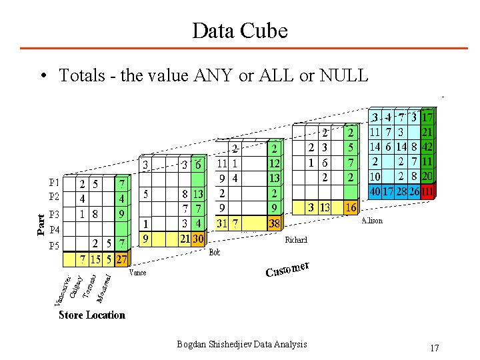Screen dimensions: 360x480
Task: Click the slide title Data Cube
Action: pyautogui.click(x=239, y=30)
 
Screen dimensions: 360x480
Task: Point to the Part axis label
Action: pyautogui.click(x=42, y=224)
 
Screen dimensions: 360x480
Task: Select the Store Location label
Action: pyautogui.click(x=91, y=315)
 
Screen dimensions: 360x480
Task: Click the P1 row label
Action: pyautogui.click(x=55, y=182)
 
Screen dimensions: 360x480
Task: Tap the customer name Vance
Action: pyautogui.click(x=137, y=272)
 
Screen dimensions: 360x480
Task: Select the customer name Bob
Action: pyautogui.click(x=215, y=252)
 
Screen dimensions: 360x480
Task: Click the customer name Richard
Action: pyautogui.click(x=296, y=239)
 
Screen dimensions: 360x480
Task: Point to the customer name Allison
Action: pyautogui.click(x=372, y=220)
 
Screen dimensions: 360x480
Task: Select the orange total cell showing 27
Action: pyautogui.click(x=121, y=257)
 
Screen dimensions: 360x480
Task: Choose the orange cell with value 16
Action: pyautogui.click(x=351, y=207)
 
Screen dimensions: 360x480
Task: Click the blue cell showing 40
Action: pyautogui.click(x=375, y=191)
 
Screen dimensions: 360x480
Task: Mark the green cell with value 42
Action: pyautogui.click(x=427, y=147)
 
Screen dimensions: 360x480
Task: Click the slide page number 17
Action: pyautogui.click(x=435, y=348)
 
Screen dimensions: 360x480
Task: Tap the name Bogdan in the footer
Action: pyautogui.click(x=192, y=344)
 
